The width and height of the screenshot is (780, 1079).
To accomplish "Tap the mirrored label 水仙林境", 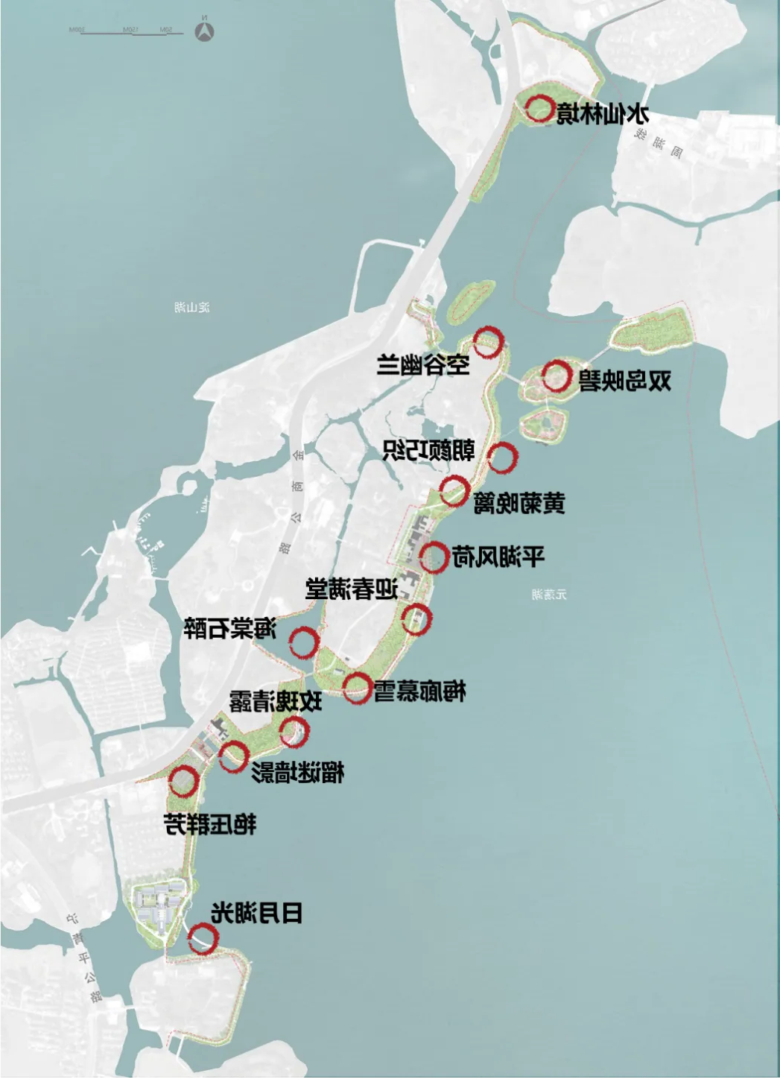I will (603, 115).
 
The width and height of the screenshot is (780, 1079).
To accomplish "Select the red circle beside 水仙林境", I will (539, 109).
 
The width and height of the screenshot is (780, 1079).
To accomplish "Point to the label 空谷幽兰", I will (423, 365).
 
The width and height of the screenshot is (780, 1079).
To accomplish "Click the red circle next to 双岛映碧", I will (556, 376).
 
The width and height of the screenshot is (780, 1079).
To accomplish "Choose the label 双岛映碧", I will (625, 381).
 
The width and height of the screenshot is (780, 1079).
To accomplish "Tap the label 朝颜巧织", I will (428, 450).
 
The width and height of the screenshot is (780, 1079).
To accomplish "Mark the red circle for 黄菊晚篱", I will (454, 491).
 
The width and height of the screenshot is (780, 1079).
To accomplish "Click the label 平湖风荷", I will (498, 557).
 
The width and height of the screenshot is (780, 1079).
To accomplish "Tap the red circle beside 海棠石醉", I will (303, 642).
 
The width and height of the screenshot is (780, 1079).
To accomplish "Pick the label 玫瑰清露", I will (276, 701).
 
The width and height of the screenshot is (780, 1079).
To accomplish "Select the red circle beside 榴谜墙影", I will (233, 756).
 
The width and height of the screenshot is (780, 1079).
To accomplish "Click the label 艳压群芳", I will (210, 824).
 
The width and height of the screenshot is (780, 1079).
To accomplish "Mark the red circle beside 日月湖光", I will (202, 938).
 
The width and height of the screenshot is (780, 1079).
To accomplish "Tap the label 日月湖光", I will (257, 913).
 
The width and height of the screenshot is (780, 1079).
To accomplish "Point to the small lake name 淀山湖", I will (192, 307).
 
